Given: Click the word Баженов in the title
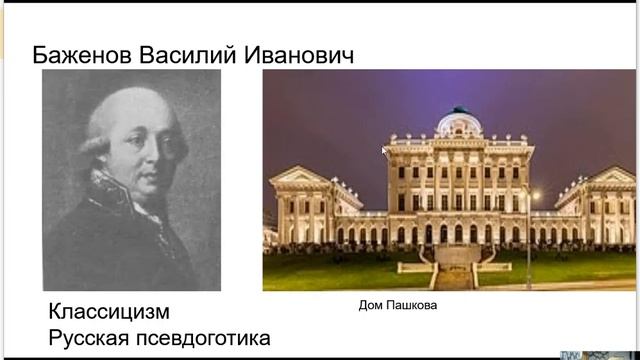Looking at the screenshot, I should tap(81, 54).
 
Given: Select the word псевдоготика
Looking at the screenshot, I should tap(206, 338).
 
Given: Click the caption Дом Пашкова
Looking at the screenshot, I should tap(398, 305).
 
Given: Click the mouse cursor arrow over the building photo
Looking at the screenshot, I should tap(385, 151).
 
